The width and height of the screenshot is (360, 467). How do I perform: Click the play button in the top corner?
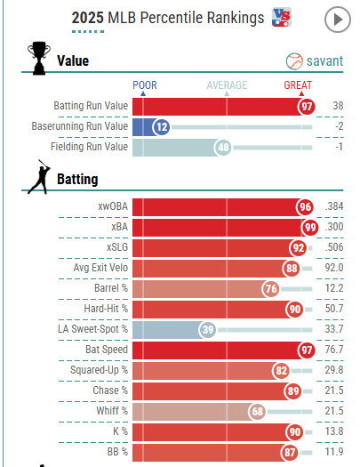(x=338, y=20)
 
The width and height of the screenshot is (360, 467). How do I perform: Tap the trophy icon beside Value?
(x=39, y=58)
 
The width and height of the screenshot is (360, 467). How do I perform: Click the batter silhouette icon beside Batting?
(x=39, y=177)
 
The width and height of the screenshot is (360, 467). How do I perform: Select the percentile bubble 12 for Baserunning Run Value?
(x=162, y=127)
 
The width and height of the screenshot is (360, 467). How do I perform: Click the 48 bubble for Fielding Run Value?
(x=223, y=147)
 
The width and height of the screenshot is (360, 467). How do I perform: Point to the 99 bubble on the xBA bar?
(x=310, y=227)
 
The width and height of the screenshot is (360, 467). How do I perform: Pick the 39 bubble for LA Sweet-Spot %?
(x=208, y=329)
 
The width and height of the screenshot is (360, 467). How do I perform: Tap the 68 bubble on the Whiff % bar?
(x=258, y=411)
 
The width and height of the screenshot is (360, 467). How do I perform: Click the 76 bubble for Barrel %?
(x=271, y=288)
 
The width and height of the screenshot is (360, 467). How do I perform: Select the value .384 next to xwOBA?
(x=334, y=206)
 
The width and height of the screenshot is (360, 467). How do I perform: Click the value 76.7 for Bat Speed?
(x=334, y=349)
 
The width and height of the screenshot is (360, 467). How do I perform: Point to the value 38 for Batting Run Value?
(x=338, y=106)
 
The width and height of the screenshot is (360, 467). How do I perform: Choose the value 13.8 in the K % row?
(x=334, y=431)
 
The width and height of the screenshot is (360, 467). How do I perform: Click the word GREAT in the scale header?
(x=298, y=85)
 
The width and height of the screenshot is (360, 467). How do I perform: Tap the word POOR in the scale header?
(x=145, y=85)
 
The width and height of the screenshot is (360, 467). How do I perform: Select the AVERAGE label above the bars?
(x=227, y=85)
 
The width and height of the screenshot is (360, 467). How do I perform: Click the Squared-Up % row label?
(x=99, y=370)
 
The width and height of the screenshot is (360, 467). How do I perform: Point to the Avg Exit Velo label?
(x=100, y=268)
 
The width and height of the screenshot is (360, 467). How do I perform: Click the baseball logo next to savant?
(x=294, y=61)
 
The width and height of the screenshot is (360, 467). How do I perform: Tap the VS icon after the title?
(x=282, y=17)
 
